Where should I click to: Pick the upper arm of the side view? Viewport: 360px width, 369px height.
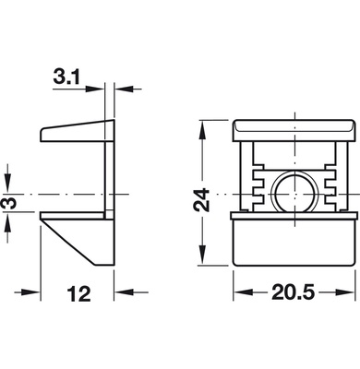(x=74, y=132)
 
